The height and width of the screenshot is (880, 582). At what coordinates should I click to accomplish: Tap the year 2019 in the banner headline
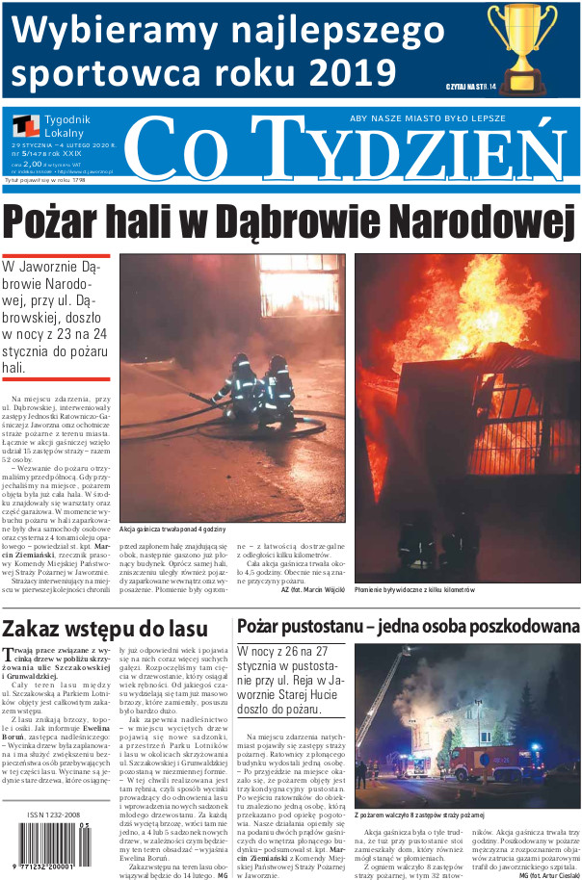346,71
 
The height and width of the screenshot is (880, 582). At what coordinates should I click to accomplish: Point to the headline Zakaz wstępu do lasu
105,630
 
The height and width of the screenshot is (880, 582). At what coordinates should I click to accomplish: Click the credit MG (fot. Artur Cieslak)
548,875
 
